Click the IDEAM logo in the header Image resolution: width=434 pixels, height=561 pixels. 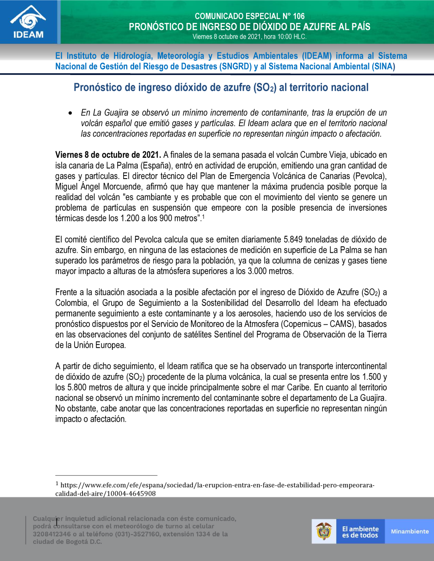point(28,23)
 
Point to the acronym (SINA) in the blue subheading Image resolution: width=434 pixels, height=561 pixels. point(383,67)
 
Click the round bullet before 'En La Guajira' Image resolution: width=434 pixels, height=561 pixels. point(70,113)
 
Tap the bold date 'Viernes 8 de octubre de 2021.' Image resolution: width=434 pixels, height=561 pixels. point(108,155)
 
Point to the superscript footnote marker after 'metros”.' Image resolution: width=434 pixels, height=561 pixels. point(203,216)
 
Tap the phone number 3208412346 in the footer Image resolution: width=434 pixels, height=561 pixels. point(52,534)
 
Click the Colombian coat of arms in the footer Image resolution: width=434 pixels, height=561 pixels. point(324,531)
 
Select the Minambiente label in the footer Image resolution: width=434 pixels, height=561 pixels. point(410,532)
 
